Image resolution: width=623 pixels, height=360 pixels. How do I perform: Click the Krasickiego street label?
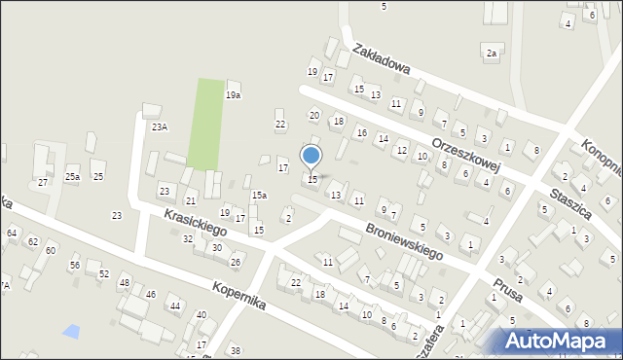point(195,224)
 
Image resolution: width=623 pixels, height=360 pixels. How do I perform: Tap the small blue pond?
point(71,331)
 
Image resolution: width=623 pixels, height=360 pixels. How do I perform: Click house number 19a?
point(233,95)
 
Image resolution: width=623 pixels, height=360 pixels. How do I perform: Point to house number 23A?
point(159,126)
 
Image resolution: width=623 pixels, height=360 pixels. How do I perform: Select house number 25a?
point(72,176)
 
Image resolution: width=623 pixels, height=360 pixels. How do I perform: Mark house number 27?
point(42,182)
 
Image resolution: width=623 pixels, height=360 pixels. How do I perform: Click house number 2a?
point(492,53)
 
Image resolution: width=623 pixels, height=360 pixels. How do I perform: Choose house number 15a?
point(259,196)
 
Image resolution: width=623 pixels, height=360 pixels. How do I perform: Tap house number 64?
point(12,234)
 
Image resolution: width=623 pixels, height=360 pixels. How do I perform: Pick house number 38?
point(235,350)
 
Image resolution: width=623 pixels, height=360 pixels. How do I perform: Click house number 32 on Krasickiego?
point(188,238)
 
